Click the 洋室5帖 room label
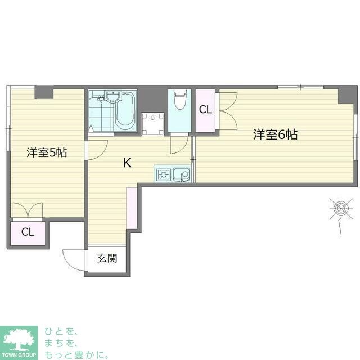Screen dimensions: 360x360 tap(47, 152)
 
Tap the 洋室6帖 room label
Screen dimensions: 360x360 tap(275, 134)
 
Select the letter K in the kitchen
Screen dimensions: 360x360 tap(127, 163)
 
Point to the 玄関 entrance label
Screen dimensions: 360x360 tap(107, 258)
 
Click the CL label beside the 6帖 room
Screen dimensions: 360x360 tap(205, 110)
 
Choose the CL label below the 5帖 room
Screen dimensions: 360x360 tap(28, 232)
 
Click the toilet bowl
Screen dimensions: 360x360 tap(180, 100)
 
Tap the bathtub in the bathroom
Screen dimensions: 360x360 tap(125, 111)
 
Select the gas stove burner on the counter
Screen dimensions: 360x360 tap(164, 175)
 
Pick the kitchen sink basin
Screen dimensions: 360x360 tap(182, 174)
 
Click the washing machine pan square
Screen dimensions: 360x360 tap(152, 124)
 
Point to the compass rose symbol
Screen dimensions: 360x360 tap(341, 209)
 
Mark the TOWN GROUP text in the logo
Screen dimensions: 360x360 tap(19, 355)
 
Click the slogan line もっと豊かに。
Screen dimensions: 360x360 tap(76, 355)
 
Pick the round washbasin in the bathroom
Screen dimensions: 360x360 tap(112, 96)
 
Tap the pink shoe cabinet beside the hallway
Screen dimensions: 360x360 tap(132, 208)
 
